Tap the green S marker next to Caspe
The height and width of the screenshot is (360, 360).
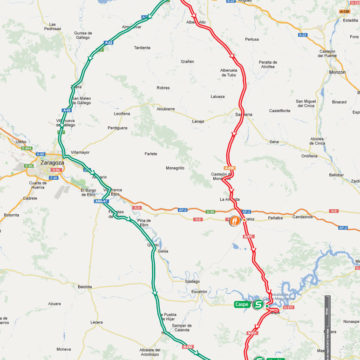click(258, 302)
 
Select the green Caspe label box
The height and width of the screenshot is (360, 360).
click(240, 302)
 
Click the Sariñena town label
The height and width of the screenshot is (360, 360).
click(243, 115)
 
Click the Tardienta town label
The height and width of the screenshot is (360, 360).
click(143, 47)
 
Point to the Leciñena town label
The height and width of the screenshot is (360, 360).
click(123, 115)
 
